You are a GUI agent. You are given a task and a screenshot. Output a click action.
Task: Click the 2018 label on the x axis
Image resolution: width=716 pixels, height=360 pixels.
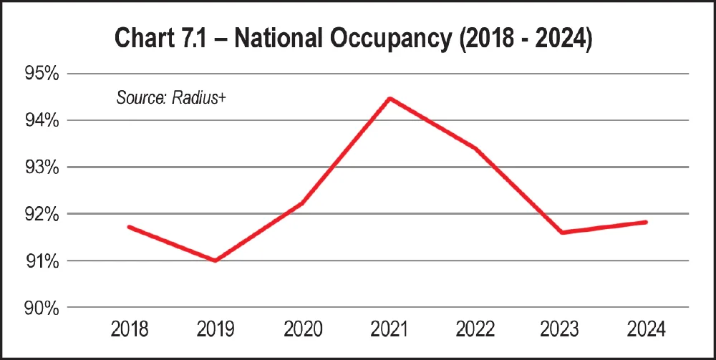coord(130,330)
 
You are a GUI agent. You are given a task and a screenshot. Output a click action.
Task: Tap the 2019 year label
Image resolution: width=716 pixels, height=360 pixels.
coord(216,330)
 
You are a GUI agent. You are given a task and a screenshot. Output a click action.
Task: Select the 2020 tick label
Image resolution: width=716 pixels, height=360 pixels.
coord(303,330)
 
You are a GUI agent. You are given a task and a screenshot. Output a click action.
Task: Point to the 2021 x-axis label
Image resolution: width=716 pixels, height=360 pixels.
coord(389,330)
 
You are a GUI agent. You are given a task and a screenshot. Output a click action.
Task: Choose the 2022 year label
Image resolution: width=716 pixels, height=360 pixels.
coord(475,330)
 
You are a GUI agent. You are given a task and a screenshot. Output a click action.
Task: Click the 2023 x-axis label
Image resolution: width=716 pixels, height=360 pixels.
coord(561,330)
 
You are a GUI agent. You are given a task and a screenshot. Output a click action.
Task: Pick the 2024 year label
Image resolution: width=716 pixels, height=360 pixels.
coord(647,330)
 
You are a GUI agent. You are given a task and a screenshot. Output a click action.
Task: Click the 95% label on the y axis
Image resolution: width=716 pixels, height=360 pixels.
coord(42,74)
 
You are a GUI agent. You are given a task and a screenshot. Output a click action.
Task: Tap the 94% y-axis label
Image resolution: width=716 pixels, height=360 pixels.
coord(42,120)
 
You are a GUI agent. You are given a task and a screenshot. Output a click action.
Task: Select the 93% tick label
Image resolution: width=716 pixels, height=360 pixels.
coord(42,167)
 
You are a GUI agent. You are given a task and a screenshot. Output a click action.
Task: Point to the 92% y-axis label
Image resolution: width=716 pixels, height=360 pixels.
coord(42,214)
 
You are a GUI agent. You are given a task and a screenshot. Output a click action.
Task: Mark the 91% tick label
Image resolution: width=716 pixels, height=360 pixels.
coord(42,261)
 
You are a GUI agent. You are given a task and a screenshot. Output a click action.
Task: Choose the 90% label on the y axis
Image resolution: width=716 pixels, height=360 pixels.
coord(42,308)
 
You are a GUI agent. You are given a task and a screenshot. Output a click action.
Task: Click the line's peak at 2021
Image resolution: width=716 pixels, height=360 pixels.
coord(389,98)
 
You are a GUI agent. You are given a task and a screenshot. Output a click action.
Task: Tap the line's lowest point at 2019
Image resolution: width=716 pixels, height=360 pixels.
coord(216,261)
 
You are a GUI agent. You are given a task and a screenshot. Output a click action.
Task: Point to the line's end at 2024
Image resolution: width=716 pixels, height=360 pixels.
coord(647,222)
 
